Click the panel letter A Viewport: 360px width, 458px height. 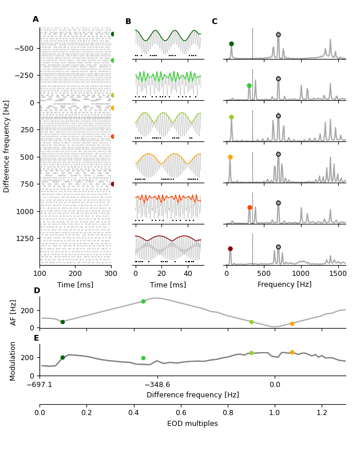[x=35, y=19]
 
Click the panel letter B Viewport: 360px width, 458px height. [x=128, y=22]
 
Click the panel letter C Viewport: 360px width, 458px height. [x=214, y=22]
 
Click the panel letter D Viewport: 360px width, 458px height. [x=37, y=291]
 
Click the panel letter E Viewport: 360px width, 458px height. [x=37, y=338]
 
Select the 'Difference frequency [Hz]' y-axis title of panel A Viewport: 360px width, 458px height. [x=7, y=146]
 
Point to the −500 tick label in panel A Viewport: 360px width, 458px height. [x=23, y=48]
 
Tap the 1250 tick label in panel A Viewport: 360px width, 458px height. [x=23, y=238]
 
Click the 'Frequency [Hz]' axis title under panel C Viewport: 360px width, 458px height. [x=284, y=285]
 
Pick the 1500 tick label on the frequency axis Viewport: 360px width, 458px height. [x=338, y=274]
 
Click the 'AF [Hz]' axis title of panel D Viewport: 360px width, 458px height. [x=14, y=312]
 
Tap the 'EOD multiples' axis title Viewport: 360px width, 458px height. [x=192, y=424]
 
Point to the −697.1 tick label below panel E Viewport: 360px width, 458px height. [x=39, y=385]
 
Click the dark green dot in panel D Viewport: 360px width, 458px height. [x=62, y=322]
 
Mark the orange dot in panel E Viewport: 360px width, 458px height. [x=292, y=353]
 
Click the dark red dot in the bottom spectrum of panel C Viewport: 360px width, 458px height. [x=230, y=248]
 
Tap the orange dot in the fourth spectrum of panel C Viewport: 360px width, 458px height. [x=230, y=157]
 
